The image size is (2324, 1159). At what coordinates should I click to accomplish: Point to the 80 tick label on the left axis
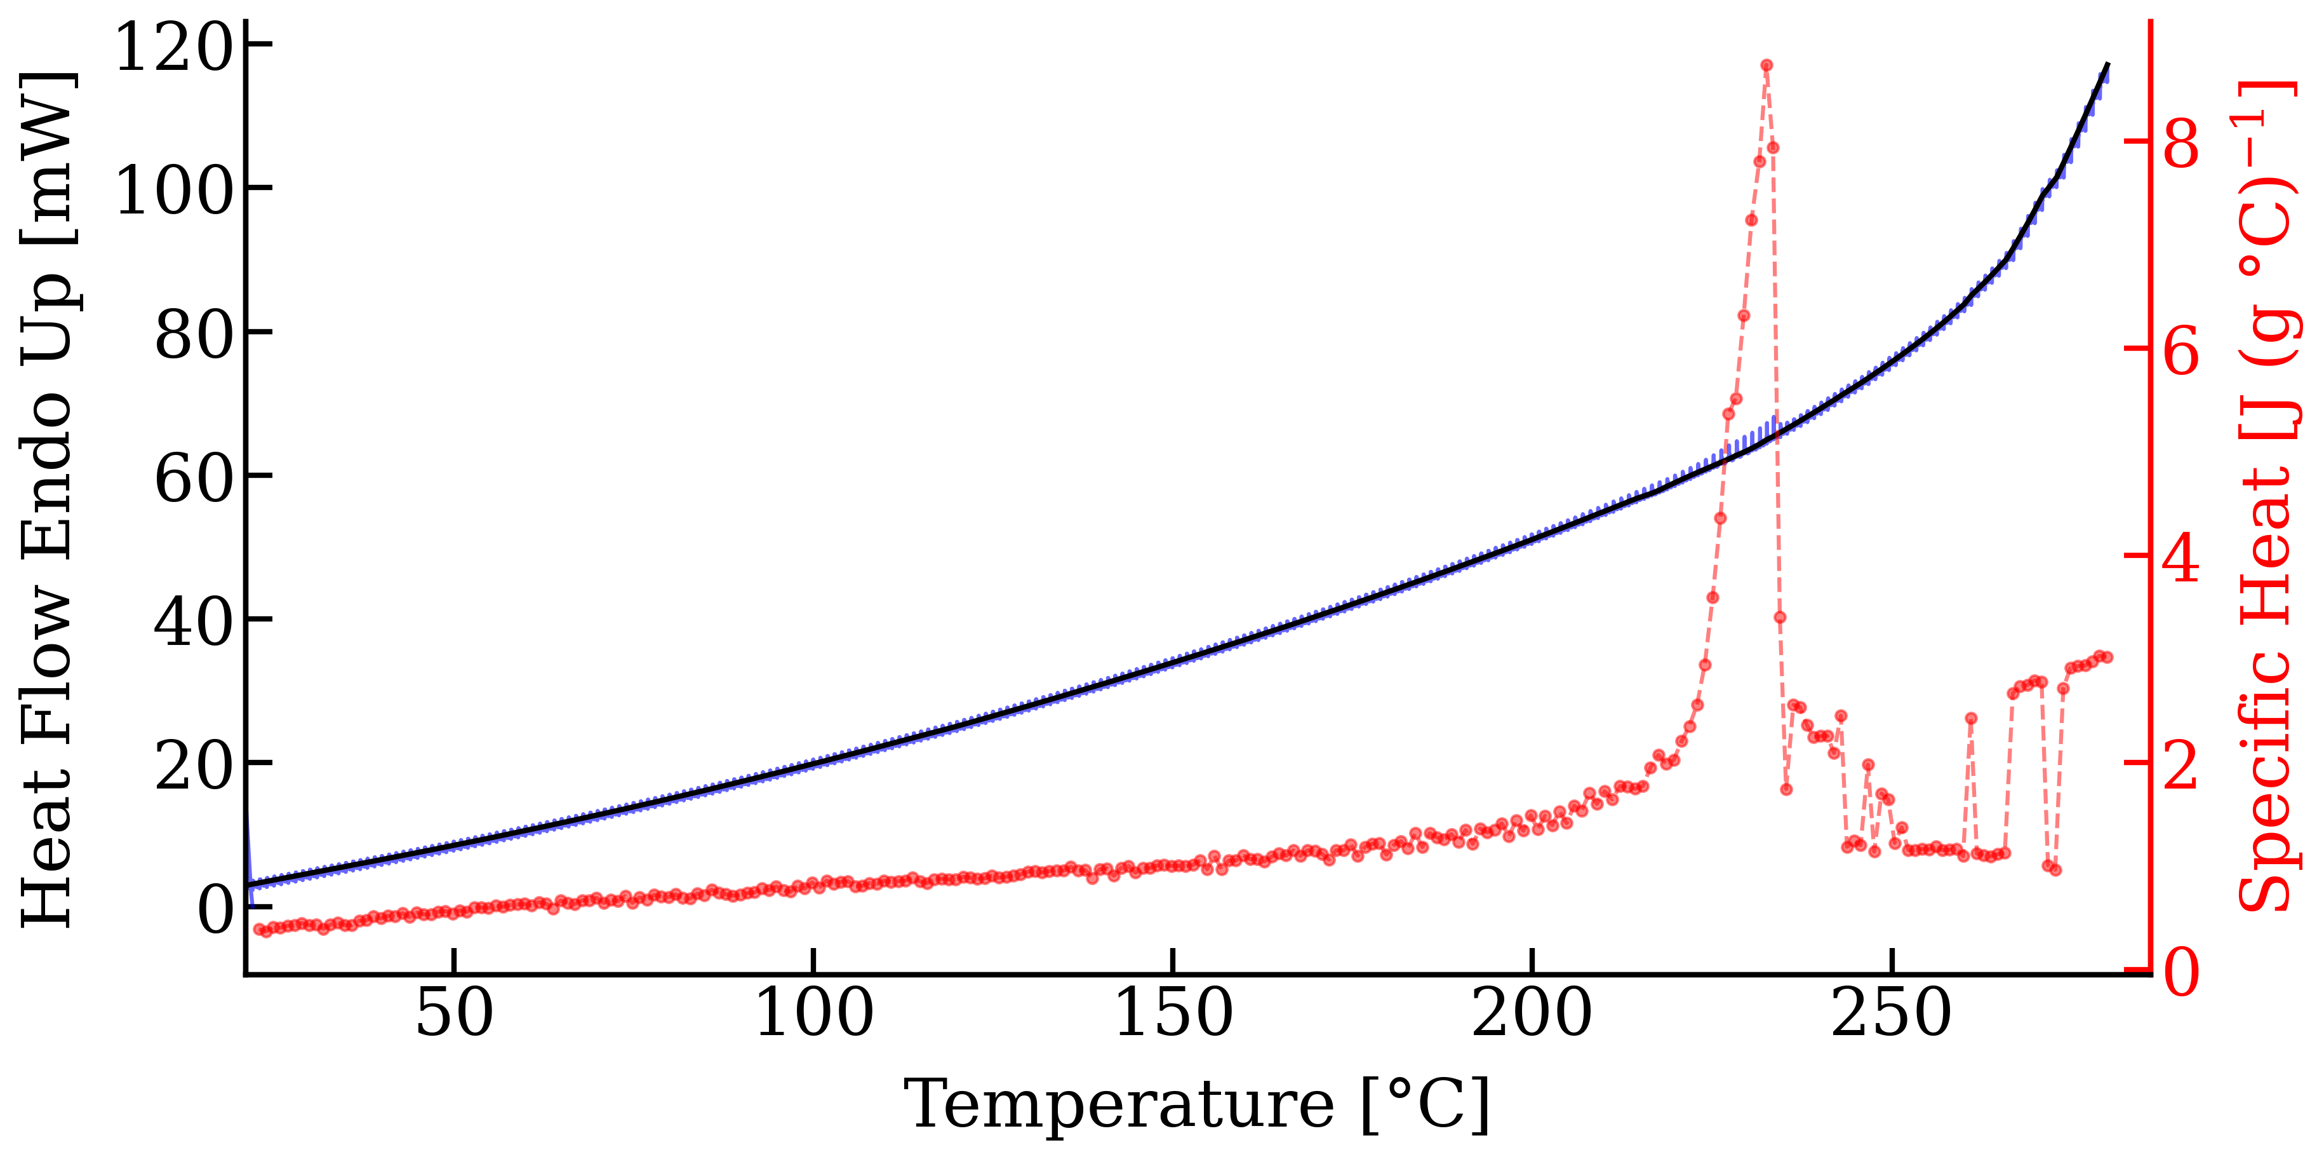[193, 335]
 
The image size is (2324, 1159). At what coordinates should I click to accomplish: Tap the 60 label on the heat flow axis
[193, 478]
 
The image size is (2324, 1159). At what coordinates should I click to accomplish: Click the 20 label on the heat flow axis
[193, 766]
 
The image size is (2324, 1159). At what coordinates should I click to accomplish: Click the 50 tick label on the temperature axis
[455, 1013]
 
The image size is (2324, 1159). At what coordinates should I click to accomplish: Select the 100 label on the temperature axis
[814, 1013]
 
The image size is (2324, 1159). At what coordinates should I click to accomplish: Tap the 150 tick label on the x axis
[1173, 1013]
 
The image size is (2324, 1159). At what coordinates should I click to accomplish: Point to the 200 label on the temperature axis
[1532, 1013]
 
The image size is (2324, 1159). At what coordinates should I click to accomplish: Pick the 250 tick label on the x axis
[1891, 1013]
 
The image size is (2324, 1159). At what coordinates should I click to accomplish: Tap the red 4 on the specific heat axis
[2182, 558]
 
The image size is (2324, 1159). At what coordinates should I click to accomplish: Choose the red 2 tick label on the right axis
[2182, 766]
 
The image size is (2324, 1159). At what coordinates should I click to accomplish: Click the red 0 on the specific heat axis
[2182, 973]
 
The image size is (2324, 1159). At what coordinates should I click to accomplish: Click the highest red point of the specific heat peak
[1766, 65]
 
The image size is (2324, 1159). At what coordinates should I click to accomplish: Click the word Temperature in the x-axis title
[1119, 1105]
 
